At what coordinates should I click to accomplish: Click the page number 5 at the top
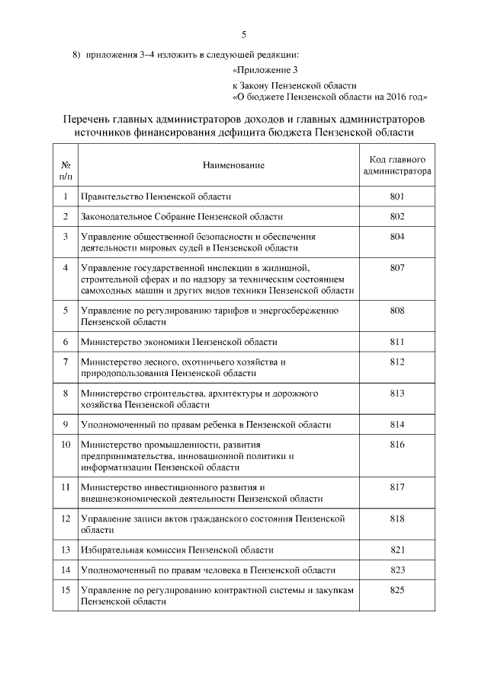click(244, 34)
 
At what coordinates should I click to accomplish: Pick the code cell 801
click(396, 196)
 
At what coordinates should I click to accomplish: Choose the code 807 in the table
click(396, 267)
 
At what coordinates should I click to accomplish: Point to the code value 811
click(396, 342)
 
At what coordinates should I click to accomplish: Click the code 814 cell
click(396, 424)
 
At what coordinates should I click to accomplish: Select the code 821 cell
click(396, 550)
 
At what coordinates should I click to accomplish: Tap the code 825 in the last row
click(396, 590)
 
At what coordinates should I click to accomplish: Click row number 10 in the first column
click(66, 444)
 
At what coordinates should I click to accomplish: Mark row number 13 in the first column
click(66, 550)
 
